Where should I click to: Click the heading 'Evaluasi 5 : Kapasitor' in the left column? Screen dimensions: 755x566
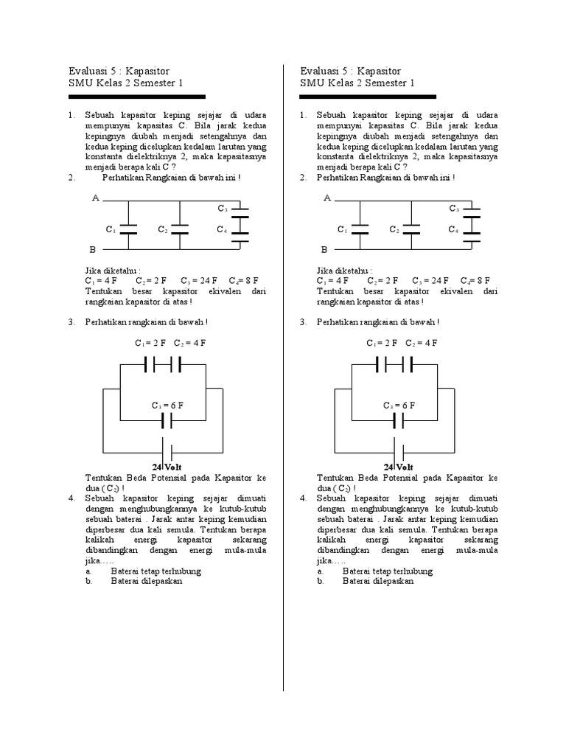(x=118, y=71)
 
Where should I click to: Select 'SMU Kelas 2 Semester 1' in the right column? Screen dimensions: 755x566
(x=357, y=83)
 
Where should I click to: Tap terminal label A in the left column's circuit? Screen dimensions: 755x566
(x=94, y=198)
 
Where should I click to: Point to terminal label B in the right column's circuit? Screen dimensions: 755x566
(x=324, y=250)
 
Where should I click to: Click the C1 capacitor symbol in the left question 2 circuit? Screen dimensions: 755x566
(x=127, y=230)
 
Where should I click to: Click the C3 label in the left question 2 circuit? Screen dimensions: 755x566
(x=222, y=209)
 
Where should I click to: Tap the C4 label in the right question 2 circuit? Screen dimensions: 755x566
(x=454, y=230)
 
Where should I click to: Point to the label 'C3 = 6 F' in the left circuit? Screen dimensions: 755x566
(x=167, y=406)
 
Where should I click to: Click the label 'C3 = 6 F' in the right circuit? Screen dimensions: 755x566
(x=399, y=406)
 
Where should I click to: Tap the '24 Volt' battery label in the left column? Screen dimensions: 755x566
(x=167, y=467)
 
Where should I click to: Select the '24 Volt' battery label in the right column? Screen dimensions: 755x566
(x=399, y=467)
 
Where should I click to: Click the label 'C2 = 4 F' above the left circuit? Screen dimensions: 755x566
(x=190, y=343)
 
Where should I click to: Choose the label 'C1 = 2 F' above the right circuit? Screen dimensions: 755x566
(x=382, y=343)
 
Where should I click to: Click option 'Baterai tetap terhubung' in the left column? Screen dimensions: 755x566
(x=156, y=571)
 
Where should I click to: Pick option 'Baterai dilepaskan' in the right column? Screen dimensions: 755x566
(x=378, y=581)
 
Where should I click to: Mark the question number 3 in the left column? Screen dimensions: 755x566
(x=71, y=322)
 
